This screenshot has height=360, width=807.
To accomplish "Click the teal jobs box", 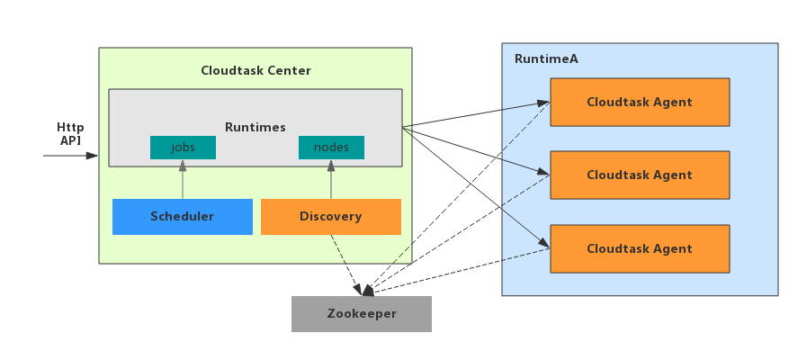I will point(183,148).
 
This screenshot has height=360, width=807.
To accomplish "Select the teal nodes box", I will point(331,148).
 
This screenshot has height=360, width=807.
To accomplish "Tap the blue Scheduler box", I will point(183,217).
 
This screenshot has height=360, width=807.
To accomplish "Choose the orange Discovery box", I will point(331,217).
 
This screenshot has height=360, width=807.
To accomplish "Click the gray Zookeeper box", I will point(362,314).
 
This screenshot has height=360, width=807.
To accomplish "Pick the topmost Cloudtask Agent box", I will point(640,102).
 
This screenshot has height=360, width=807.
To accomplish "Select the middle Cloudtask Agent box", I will point(640,175).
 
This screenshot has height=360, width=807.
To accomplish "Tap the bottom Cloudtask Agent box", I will point(640,249).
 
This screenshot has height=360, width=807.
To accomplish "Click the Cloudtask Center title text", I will point(256,70).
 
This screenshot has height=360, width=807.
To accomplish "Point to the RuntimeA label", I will point(546,58).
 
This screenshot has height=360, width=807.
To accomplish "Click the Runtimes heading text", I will point(256,128).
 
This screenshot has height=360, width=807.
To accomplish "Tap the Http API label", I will point(70,134).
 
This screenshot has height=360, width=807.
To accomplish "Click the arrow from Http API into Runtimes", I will point(70,156).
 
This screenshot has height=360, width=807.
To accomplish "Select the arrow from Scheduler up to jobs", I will point(183,180).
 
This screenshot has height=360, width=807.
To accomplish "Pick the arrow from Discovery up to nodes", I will point(331,180).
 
